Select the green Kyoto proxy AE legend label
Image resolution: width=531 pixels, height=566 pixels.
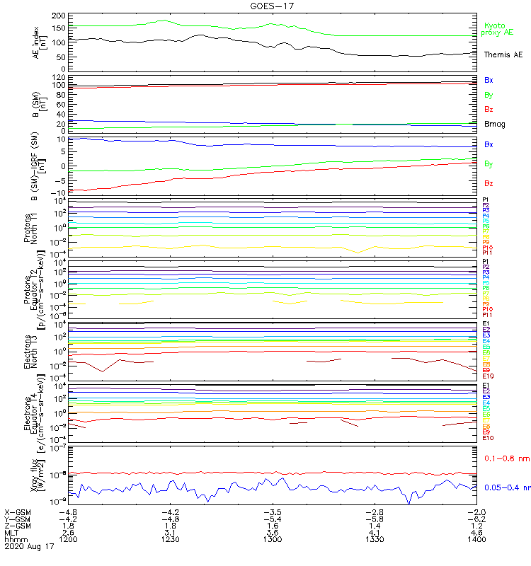point(498,29)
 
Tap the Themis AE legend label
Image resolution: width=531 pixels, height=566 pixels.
point(503,54)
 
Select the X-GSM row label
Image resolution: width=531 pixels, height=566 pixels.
point(18,512)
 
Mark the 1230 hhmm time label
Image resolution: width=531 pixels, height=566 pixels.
point(171,539)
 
